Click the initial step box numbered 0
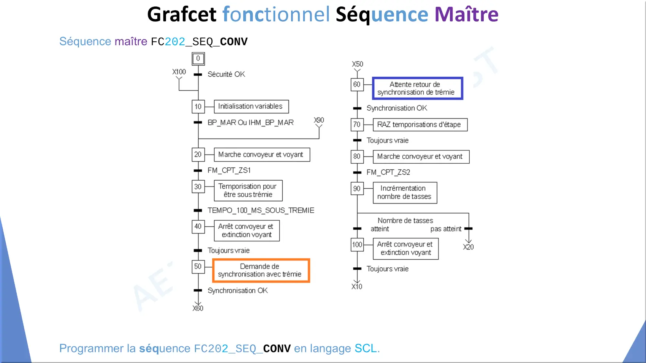click(x=198, y=59)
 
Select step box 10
click(x=198, y=107)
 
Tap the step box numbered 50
click(x=198, y=267)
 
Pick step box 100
click(x=357, y=245)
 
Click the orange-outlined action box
click(x=261, y=270)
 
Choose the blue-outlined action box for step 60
click(x=418, y=88)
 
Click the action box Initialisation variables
click(x=251, y=107)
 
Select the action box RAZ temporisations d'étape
click(x=420, y=125)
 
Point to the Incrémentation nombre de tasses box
click(x=405, y=193)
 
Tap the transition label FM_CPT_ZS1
click(x=229, y=170)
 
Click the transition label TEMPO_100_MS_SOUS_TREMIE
click(x=261, y=210)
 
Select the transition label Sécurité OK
click(x=226, y=74)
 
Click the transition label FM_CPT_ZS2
click(x=388, y=172)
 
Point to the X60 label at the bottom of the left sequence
click(x=198, y=308)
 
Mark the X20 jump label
click(x=468, y=247)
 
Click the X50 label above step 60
click(x=357, y=64)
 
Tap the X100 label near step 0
click(x=179, y=72)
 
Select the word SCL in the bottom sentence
click(x=366, y=348)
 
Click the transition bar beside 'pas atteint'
click(x=469, y=229)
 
